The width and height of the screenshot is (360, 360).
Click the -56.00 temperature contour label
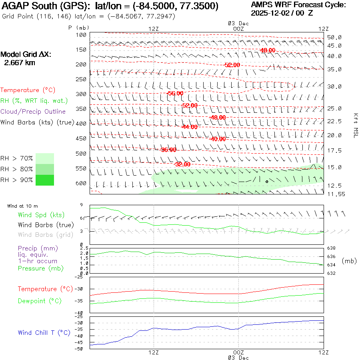[x=175, y=93]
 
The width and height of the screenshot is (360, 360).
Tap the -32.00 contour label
[x=182, y=164]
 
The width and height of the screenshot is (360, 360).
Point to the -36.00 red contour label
[x=168, y=150]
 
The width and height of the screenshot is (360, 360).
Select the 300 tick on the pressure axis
[x=81, y=94]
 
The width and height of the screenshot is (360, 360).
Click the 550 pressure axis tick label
[x=81, y=169]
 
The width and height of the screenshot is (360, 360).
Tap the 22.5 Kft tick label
[x=334, y=121]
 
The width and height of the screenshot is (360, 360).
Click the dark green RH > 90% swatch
[x=45, y=180]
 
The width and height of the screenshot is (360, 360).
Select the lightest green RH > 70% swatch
[x=45, y=158]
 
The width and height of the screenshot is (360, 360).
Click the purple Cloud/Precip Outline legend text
[x=33, y=112]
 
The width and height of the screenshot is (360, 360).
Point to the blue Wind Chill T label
[x=44, y=333]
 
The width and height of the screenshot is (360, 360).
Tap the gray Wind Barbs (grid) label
[x=41, y=235]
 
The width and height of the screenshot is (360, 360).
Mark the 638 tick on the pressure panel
[x=332, y=248]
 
